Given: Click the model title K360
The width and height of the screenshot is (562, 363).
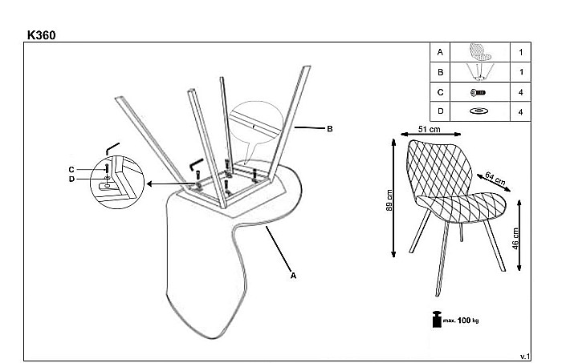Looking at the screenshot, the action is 41,35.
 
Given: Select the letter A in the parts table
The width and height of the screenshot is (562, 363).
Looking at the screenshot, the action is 440,52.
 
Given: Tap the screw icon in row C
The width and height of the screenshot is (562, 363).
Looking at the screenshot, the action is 479,93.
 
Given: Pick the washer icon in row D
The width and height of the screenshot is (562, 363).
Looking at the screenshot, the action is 479,111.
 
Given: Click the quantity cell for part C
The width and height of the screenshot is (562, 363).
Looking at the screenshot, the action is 520,92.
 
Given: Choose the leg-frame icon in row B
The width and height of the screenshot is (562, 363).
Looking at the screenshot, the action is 480,72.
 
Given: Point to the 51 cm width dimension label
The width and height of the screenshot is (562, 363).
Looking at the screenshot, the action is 429,129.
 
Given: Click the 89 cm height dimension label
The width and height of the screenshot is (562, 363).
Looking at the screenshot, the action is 389,200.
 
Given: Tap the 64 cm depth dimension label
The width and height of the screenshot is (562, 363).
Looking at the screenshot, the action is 495,179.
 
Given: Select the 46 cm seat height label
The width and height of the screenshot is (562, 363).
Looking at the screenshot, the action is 515,239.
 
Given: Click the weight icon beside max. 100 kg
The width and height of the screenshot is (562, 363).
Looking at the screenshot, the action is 437,320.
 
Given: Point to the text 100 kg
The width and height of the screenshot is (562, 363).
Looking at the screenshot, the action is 468,320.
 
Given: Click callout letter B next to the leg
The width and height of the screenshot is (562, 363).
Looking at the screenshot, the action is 330,129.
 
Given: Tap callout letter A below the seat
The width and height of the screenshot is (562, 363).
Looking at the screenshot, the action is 293,276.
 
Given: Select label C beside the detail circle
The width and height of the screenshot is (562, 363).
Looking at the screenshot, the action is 71,170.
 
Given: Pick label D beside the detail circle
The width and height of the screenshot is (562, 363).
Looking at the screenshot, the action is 71,179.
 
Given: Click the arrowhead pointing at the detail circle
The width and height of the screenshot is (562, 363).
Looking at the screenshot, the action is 150,184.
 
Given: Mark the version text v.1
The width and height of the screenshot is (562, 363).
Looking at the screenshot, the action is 525,357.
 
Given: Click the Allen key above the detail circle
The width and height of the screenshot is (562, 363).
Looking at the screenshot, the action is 112,148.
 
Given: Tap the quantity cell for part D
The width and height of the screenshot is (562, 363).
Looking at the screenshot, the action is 520,111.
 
